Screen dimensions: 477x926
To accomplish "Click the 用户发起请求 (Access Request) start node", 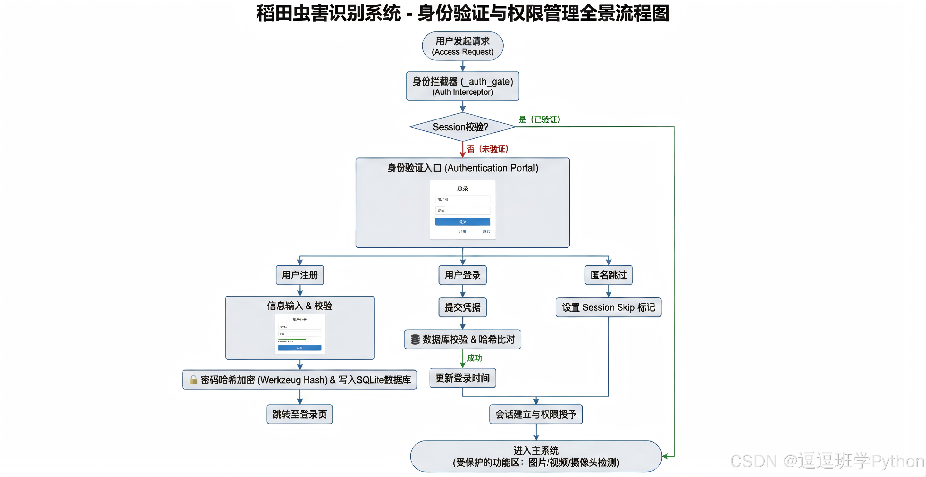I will tap(463, 46).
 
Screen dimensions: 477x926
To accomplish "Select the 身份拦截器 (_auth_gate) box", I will tap(463, 86).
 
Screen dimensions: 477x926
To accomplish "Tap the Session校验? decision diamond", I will tap(462, 127).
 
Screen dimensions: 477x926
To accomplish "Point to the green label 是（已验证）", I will tap(539, 119).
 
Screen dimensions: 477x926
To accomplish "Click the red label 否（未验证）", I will tap(487, 149).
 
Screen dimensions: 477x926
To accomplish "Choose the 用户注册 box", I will tap(300, 275).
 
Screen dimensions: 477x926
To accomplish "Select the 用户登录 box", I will tap(463, 275).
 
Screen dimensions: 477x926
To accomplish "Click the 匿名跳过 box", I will tap(608, 275).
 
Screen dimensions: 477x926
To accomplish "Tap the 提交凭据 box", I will tap(463, 307).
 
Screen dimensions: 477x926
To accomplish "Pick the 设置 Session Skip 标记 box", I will tap(608, 307).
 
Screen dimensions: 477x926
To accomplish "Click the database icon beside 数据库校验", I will tap(415, 340).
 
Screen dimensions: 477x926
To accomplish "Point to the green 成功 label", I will tap(475, 358).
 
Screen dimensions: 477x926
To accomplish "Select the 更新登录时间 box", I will tap(463, 378).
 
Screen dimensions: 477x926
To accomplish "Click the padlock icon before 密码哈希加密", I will tap(193, 380).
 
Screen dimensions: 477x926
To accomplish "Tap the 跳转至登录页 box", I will tap(300, 414).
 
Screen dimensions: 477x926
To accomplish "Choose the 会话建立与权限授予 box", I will tap(536, 414).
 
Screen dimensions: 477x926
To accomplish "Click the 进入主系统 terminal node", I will tap(536, 457).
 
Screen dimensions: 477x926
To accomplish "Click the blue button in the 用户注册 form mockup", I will tap(300, 348).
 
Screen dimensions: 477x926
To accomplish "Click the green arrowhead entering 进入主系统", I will tap(665, 457).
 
